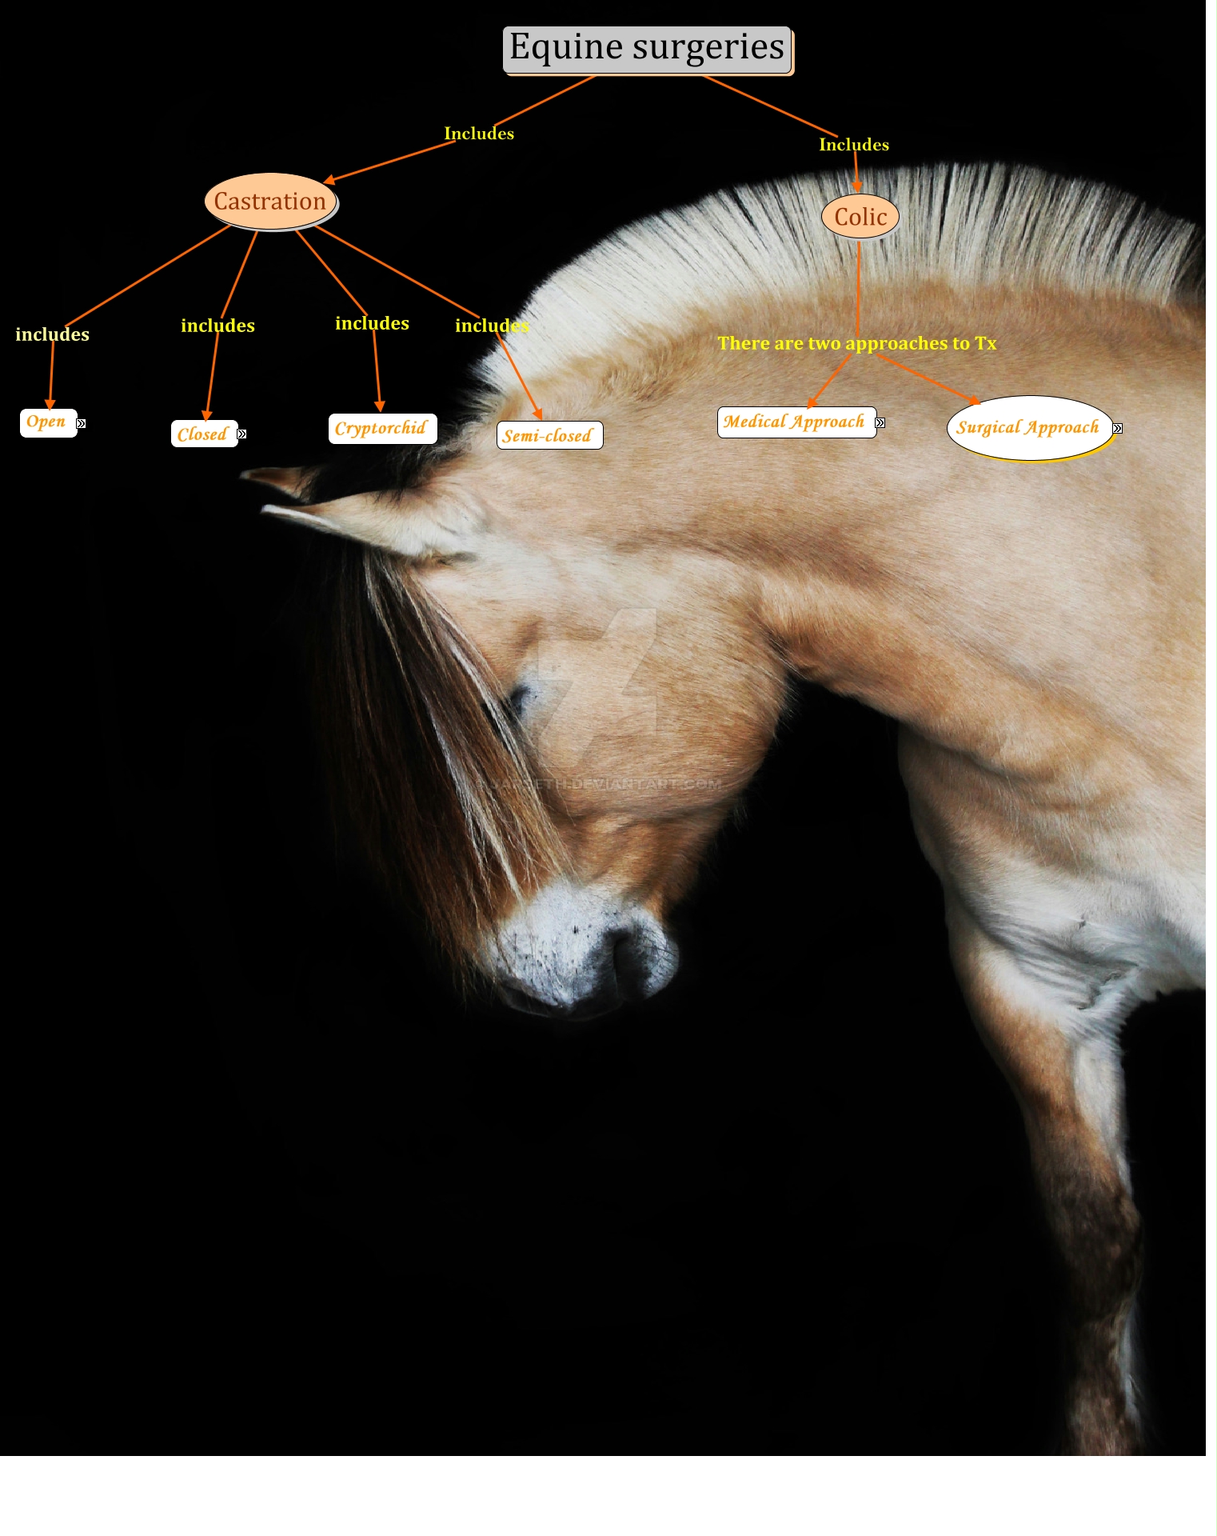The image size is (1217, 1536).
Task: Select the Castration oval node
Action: click(270, 202)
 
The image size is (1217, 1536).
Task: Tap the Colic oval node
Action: click(860, 217)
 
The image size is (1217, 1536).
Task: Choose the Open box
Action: click(47, 422)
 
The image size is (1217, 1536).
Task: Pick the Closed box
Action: click(203, 434)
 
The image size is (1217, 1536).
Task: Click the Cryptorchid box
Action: click(381, 429)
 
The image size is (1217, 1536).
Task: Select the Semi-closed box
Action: click(549, 436)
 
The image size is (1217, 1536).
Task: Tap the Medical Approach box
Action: click(795, 422)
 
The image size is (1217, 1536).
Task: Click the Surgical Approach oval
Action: click(1028, 428)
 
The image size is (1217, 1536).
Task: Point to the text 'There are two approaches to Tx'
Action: click(856, 344)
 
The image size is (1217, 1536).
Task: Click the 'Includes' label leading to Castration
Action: click(479, 134)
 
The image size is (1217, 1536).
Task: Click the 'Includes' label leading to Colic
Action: click(854, 145)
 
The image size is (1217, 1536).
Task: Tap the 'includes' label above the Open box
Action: click(53, 334)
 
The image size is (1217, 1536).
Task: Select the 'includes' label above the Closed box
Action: click(217, 326)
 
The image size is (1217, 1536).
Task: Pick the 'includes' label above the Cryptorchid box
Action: click(372, 323)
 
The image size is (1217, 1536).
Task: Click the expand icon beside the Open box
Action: click(81, 424)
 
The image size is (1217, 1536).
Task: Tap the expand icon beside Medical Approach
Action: click(880, 423)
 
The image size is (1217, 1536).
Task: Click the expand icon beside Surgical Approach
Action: click(1118, 429)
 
